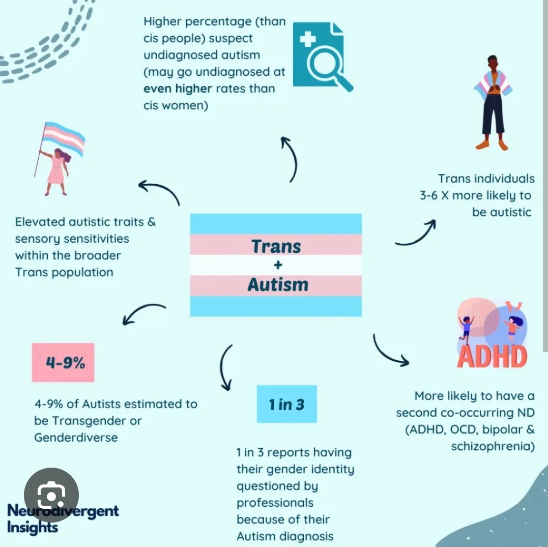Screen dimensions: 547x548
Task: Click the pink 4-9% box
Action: coord(63,362)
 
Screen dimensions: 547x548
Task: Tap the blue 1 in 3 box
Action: coord(286,404)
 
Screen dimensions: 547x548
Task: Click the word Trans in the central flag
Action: coord(276,246)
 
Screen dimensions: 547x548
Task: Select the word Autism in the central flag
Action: coord(278,284)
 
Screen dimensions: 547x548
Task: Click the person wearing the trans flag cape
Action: coord(492,102)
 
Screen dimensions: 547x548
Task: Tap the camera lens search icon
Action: coord(51,495)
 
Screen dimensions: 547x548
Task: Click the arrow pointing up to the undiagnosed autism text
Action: coord(290,158)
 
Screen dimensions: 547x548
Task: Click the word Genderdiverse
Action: coord(76,437)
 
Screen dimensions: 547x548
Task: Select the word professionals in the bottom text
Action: coord(275,503)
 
